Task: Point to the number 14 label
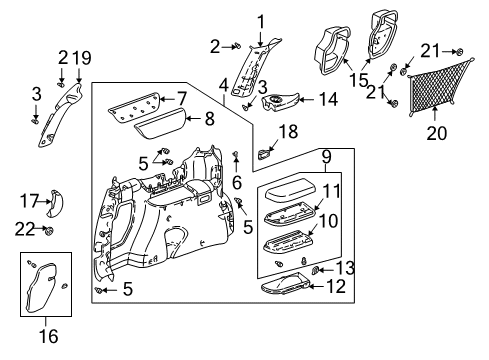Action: [x=327, y=98]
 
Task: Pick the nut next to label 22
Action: [x=48, y=232]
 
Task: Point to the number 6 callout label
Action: [x=236, y=183]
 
